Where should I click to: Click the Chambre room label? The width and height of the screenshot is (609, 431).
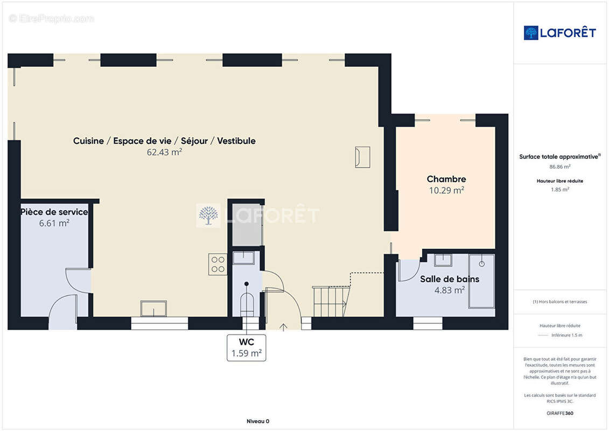tap(446, 179)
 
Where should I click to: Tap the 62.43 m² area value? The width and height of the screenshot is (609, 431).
tap(164, 152)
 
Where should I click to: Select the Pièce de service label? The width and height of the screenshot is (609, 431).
tap(54, 212)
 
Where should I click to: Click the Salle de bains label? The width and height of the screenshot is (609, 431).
tap(450, 279)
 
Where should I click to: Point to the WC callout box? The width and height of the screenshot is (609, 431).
tap(246, 347)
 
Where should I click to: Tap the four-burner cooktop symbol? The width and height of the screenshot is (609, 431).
tap(218, 265)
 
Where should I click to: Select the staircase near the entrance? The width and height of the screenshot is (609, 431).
tap(331, 301)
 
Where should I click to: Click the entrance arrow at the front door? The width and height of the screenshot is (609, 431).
tap(284, 327)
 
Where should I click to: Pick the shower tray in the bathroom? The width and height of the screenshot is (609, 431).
tap(481, 281)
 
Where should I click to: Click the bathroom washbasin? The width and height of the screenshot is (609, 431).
tap(443, 260)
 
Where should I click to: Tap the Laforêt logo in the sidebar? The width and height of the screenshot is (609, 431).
tap(559, 33)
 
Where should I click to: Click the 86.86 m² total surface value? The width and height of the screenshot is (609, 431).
tap(559, 166)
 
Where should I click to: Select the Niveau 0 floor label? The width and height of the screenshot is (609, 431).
tap(258, 421)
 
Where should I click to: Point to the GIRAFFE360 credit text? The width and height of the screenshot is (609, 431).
tap(559, 413)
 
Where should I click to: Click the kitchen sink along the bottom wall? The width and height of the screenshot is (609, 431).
tap(153, 309)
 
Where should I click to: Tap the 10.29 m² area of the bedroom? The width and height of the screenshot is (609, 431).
tap(446, 190)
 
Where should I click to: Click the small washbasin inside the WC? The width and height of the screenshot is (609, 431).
tap(243, 258)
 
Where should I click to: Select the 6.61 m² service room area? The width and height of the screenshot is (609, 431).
tap(54, 223)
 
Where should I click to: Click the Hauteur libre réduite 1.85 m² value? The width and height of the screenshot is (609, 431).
tap(559, 190)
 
